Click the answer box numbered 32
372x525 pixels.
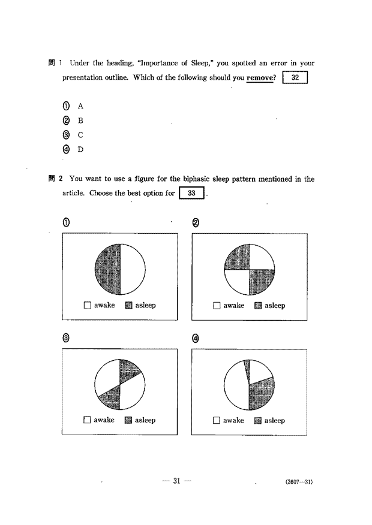tap(295, 77)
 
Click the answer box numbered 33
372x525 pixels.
tap(191, 193)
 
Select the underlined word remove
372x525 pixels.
tap(260, 78)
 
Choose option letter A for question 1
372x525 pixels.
tap(80, 106)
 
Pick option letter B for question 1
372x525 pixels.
tap(80, 120)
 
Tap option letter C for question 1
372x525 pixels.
tap(80, 135)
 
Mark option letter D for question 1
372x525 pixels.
tap(80, 149)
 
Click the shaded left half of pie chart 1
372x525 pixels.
tap(108, 269)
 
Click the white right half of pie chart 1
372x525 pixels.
tap(133, 269)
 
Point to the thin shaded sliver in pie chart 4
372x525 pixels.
tap(247, 369)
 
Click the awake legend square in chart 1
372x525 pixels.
tap(88, 305)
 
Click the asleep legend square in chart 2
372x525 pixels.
tap(258, 306)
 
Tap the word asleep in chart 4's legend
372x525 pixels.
tap(274, 421)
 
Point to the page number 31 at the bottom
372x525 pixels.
tap(176, 481)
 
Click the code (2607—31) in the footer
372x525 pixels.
tap(299, 482)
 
